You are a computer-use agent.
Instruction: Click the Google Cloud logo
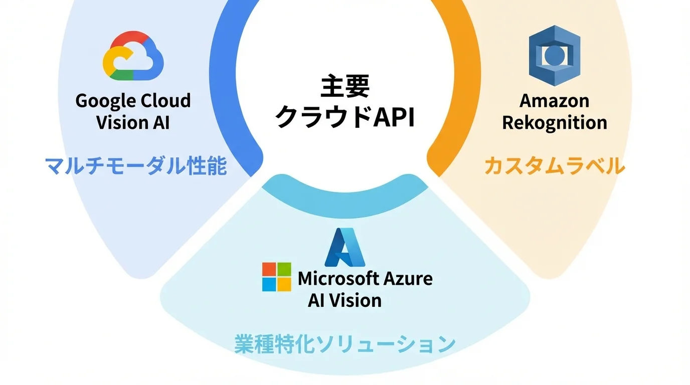(133, 56)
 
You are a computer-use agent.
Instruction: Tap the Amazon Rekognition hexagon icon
(554, 56)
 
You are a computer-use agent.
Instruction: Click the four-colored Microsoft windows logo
(276, 277)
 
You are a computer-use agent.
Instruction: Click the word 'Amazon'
(554, 101)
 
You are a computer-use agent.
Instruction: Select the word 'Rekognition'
(554, 122)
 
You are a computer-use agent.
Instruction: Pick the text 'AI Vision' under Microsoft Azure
(344, 300)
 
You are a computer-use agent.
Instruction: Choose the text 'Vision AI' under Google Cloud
(133, 122)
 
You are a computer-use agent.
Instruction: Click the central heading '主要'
(345, 87)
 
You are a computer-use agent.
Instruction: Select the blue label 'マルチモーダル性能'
(136, 166)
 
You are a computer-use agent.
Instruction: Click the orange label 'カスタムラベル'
(554, 166)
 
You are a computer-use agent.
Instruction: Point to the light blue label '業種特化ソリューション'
(344, 344)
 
